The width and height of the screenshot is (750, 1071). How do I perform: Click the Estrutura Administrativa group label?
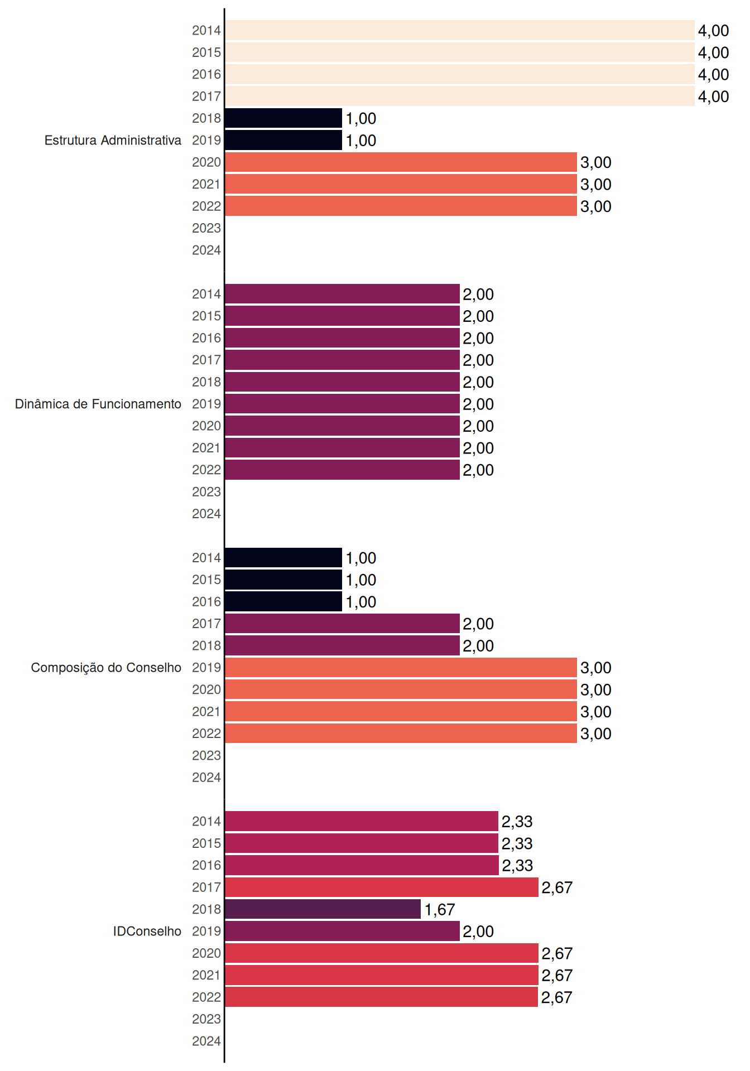pyautogui.click(x=113, y=140)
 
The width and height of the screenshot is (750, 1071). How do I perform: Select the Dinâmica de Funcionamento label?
pyautogui.click(x=98, y=404)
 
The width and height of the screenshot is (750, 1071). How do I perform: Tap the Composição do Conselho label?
pyautogui.click(x=106, y=668)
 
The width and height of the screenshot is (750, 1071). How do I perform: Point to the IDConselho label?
pyautogui.click(x=147, y=931)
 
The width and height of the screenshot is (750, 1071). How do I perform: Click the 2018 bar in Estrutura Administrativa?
pyautogui.click(x=283, y=118)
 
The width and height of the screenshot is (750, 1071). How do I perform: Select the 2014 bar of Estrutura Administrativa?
pyautogui.click(x=460, y=31)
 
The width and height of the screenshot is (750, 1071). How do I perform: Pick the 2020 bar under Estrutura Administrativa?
pyautogui.click(x=401, y=162)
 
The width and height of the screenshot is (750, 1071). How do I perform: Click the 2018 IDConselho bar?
pyautogui.click(x=323, y=909)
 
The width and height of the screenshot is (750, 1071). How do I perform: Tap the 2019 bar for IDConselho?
pyautogui.click(x=343, y=931)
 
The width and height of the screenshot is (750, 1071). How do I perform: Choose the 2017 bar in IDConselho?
pyautogui.click(x=382, y=887)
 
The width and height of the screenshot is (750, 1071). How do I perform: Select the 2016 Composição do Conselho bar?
pyautogui.click(x=283, y=601)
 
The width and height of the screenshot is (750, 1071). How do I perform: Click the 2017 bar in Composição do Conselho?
pyautogui.click(x=343, y=624)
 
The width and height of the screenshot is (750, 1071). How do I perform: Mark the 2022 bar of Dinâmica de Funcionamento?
pyautogui.click(x=343, y=470)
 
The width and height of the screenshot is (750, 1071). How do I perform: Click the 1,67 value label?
pyautogui.click(x=440, y=910)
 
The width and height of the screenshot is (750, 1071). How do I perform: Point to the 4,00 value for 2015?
pyautogui.click(x=714, y=52)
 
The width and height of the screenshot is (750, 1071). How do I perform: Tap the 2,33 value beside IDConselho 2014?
pyautogui.click(x=517, y=822)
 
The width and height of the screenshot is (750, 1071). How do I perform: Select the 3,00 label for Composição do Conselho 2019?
pyautogui.click(x=596, y=668)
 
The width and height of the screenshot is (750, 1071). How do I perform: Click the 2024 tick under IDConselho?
pyautogui.click(x=206, y=1041)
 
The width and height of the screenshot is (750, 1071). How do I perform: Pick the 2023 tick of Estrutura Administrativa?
pyautogui.click(x=206, y=228)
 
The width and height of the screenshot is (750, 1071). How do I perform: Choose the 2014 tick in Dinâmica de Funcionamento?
pyautogui.click(x=206, y=294)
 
